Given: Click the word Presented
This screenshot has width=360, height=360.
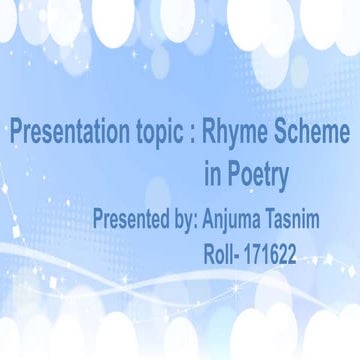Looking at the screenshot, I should pos(132,218).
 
